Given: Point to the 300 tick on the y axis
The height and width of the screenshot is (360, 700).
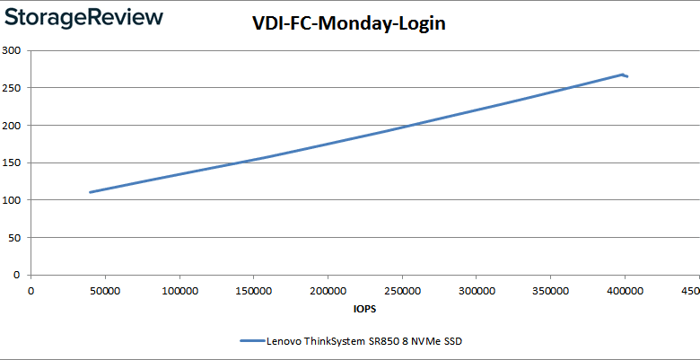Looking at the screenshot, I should coord(12,50).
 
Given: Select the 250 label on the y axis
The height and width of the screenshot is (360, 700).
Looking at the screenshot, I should coord(12,88).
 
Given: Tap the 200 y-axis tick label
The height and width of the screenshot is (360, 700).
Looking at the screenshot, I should coord(12,126).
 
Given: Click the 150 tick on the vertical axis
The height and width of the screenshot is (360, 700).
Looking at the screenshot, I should coord(12,162).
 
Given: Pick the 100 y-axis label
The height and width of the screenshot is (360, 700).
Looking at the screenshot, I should coord(12,200).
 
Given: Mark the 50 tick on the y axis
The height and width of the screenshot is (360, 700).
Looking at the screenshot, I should coord(14,238).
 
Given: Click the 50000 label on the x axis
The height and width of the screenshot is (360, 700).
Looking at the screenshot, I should coord(105,291).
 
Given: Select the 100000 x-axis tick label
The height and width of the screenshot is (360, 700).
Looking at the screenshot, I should coord(179,291).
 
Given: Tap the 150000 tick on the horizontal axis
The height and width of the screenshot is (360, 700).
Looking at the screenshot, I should coord(253,291).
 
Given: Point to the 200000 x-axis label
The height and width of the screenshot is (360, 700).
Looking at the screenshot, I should coord(328,291).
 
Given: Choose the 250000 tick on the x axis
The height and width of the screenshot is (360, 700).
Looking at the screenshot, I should coord(402,291).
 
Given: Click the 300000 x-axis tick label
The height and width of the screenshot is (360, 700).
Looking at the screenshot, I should coord(476,291).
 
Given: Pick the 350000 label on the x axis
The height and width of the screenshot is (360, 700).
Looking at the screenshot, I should coord(550,291).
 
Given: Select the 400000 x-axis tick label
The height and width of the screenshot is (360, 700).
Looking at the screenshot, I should coord(625,291).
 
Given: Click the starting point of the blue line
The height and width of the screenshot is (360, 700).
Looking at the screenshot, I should coord(90,192).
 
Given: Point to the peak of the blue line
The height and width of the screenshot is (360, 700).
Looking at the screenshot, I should coord(622,75).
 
